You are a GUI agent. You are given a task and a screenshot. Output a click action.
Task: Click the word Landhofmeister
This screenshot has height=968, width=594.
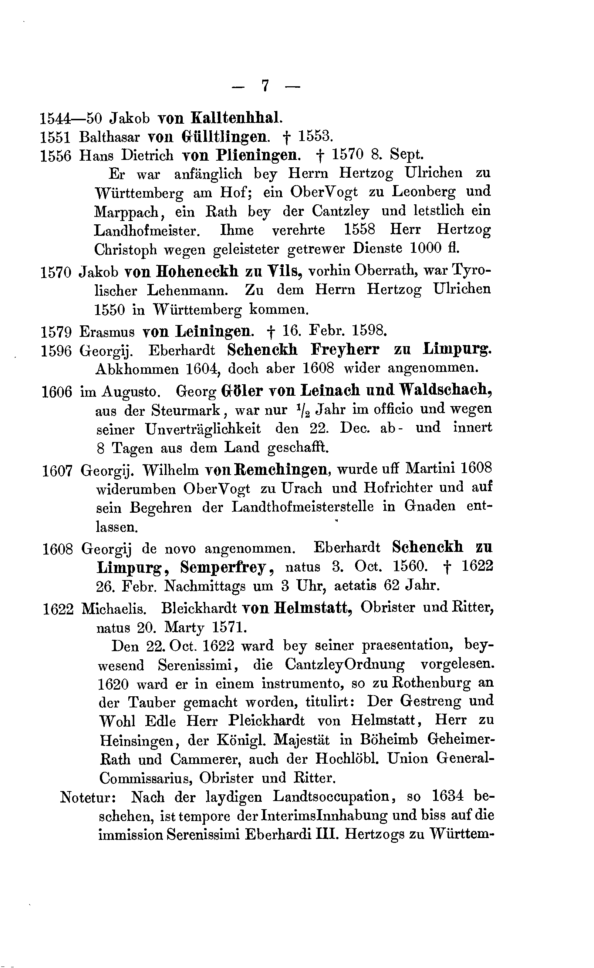click(x=146, y=230)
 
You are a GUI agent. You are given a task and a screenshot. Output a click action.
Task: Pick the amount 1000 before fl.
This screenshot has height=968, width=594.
click(x=425, y=248)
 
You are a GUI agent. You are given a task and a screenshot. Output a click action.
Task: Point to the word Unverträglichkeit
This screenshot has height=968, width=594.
click(x=203, y=429)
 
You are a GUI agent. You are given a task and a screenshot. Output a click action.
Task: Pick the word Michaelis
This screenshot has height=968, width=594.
click(x=114, y=608)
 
